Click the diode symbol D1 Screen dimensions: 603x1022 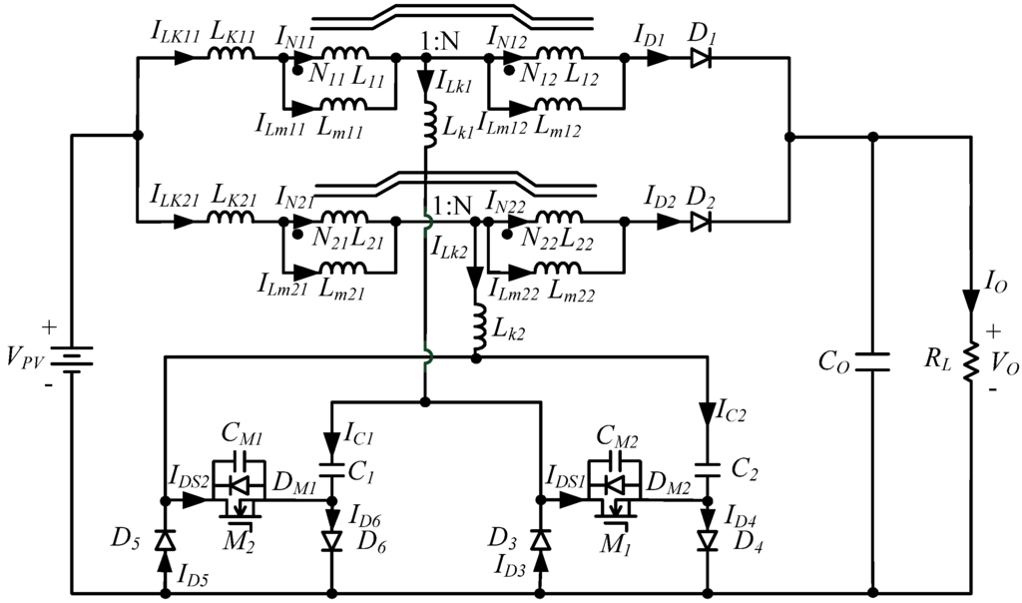pyautogui.click(x=700, y=59)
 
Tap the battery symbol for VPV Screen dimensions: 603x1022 pyautogui.click(x=73, y=357)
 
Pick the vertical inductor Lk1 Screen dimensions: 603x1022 pyautogui.click(x=426, y=125)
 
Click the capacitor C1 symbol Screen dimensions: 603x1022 pyautogui.click(x=330, y=465)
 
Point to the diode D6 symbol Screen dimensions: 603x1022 pyautogui.click(x=330, y=541)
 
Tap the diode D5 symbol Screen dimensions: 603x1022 pyautogui.click(x=165, y=540)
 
